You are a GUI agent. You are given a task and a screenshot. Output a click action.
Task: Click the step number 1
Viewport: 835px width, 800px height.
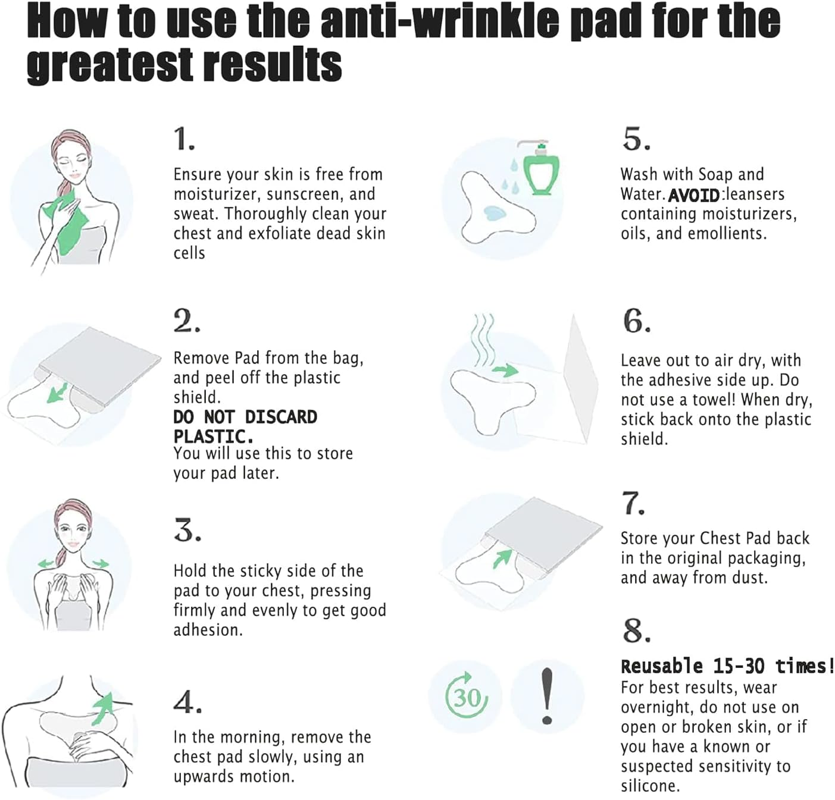point(184,139)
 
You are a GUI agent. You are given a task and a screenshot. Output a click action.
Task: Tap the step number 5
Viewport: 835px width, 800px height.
point(636,139)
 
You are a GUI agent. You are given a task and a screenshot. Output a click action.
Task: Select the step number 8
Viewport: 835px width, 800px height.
point(636,631)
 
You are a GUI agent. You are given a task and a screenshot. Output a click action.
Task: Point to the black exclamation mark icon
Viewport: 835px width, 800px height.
point(548,696)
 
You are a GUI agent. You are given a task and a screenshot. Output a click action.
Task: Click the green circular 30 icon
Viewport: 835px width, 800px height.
point(466,696)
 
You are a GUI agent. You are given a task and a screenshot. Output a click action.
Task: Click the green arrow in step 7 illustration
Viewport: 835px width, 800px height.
point(502,558)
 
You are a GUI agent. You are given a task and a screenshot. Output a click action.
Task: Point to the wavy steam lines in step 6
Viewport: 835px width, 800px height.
point(483,338)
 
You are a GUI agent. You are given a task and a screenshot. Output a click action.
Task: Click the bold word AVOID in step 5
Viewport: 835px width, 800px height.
point(694,195)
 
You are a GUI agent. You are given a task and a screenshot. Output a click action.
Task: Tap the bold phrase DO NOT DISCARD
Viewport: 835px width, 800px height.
point(245,417)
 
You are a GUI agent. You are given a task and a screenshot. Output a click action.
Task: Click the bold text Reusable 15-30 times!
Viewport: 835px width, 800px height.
point(727,666)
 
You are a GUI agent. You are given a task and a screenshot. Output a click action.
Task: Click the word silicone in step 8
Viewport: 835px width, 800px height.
point(649,786)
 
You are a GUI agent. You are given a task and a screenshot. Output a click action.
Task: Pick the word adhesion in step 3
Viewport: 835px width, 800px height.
point(208,630)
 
